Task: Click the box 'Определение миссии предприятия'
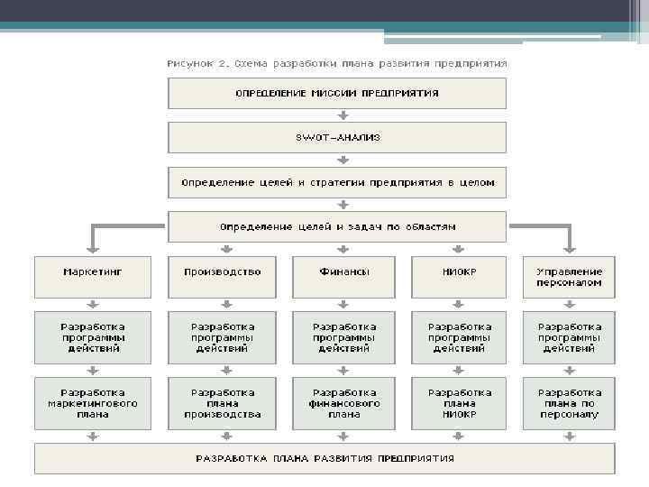[x=337, y=94]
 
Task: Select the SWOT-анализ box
[x=337, y=137]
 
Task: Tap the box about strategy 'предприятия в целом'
[x=337, y=182]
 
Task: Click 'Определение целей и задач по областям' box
[x=337, y=226]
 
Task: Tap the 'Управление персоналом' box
[x=569, y=277]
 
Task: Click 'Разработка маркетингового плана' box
[x=93, y=403]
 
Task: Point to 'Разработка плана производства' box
[x=222, y=403]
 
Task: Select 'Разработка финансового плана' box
[x=344, y=403]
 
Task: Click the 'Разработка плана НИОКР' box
[x=460, y=403]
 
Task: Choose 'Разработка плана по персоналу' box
[x=569, y=403]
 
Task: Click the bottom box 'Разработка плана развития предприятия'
[x=324, y=458]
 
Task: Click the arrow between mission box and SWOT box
[x=342, y=115]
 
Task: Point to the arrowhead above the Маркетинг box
[x=93, y=246]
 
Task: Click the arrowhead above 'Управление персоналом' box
[x=569, y=246]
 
